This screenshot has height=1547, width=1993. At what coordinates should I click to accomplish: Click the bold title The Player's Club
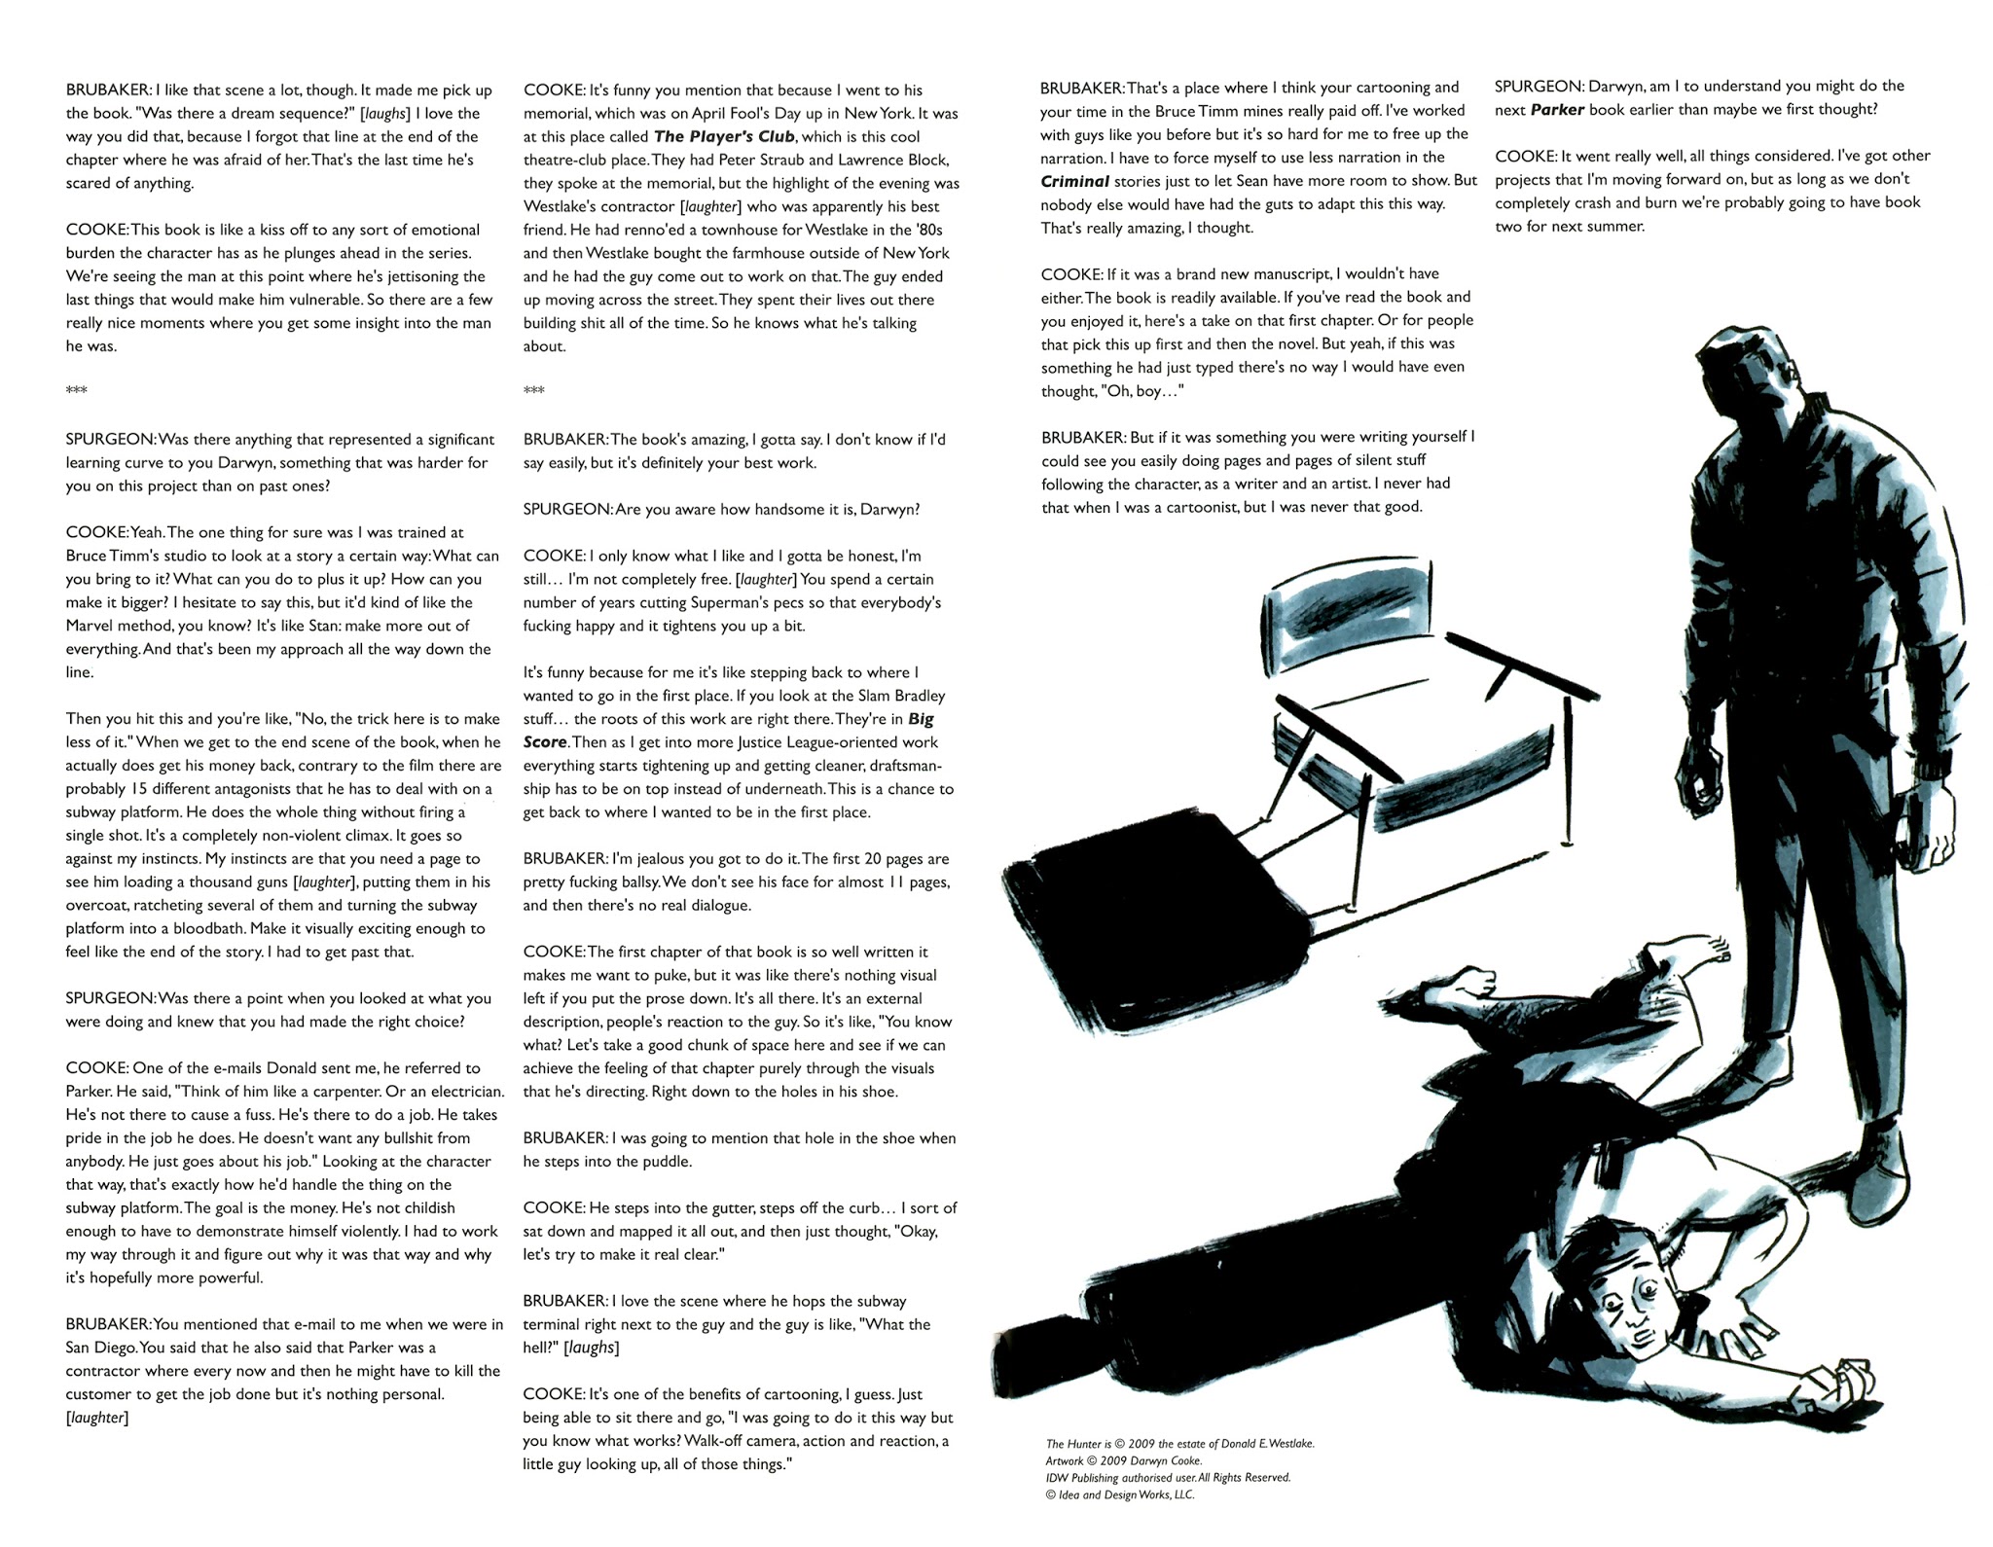pyautogui.click(x=724, y=137)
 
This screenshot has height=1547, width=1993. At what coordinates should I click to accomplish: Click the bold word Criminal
pyautogui.click(x=1074, y=181)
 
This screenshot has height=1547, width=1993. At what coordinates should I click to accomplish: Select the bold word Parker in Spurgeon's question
pyautogui.click(x=1557, y=110)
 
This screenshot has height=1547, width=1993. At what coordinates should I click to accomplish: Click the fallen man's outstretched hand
pyautogui.click(x=1839, y=1383)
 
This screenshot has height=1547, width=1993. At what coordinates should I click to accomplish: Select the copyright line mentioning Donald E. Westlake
pyautogui.click(x=1179, y=1444)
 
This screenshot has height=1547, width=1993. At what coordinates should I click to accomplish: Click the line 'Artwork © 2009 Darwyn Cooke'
pyautogui.click(x=1123, y=1460)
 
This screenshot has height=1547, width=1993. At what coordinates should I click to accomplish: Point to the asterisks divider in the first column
pyautogui.click(x=76, y=391)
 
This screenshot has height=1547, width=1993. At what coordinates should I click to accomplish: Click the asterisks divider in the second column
pyautogui.click(x=533, y=391)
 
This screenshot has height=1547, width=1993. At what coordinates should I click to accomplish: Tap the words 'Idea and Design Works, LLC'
pyautogui.click(x=1125, y=1494)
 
